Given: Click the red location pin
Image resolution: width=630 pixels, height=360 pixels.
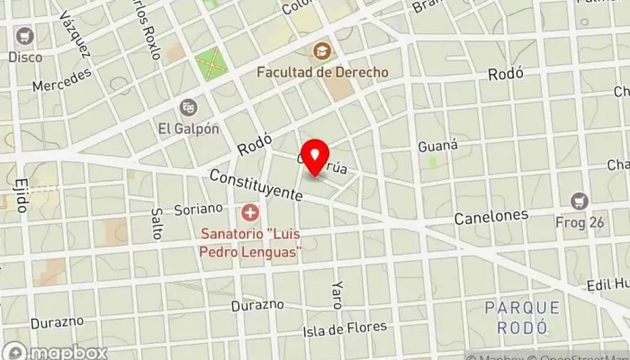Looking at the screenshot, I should [315, 158].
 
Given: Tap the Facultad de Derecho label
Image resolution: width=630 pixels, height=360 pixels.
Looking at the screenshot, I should [321, 71].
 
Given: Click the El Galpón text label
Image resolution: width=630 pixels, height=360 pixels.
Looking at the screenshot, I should [189, 128].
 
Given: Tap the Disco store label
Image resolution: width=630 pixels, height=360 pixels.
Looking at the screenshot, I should [25, 57].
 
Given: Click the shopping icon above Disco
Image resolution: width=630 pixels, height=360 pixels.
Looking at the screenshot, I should [24, 36].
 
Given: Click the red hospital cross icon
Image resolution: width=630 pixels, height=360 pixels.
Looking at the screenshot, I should [250, 214].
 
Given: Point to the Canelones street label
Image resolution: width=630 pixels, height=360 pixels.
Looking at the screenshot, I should [490, 217].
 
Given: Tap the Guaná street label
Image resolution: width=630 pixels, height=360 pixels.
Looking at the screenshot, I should [439, 145].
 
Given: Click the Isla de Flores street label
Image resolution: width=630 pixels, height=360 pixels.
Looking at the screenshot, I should [345, 327].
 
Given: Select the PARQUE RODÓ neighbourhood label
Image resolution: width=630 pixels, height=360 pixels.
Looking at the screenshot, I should [522, 316].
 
